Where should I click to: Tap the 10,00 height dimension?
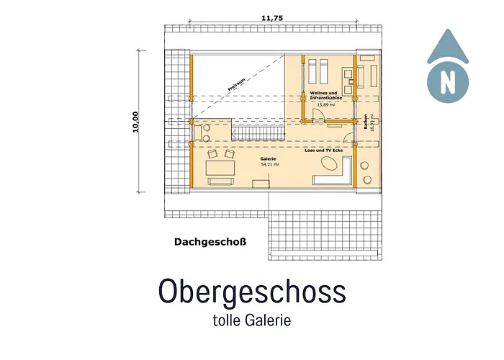coord(136,122)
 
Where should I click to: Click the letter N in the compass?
coord(449,80)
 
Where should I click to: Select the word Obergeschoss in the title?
coord(252,291)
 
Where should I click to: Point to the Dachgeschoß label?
coord(210,242)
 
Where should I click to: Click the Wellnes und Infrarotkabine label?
coord(325,96)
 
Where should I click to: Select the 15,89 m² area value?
coord(325,105)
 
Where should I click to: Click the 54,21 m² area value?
coord(269,164)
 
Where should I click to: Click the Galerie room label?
coord(269,158)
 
